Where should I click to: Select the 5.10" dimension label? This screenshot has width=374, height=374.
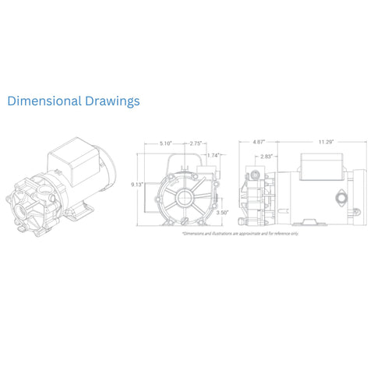(165, 143)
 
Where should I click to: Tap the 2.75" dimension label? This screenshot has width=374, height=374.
(197, 143)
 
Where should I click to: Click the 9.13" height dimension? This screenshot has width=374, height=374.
(137, 184)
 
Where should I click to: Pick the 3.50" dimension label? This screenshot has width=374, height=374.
(222, 212)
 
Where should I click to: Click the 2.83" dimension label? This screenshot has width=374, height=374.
(267, 157)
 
